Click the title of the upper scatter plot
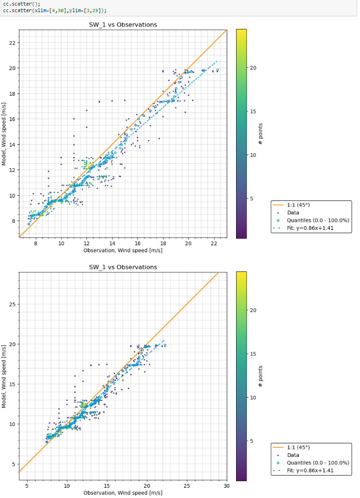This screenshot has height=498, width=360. point(123,24)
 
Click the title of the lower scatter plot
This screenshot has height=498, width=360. point(123,267)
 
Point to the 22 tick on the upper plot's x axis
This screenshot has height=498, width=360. point(214,243)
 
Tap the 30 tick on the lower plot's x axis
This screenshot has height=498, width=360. point(227,486)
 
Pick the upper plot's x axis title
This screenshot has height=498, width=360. point(123,251)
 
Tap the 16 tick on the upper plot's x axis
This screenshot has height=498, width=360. point(137,243)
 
